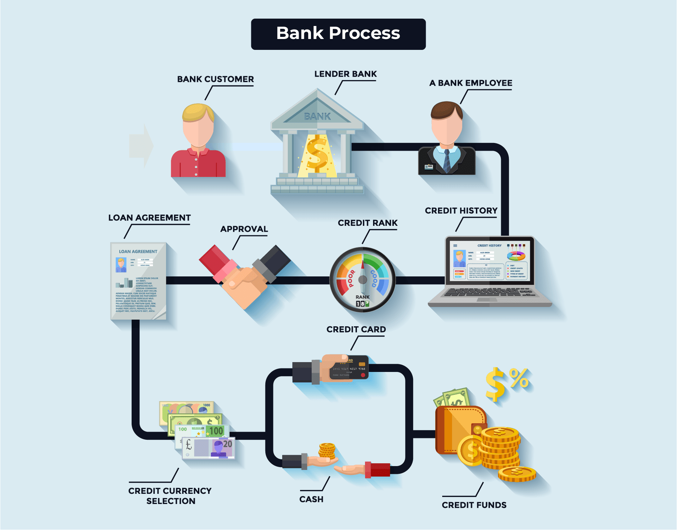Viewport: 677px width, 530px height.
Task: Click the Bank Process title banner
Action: tap(338, 34)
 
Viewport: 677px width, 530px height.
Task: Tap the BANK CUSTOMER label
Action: tap(215, 79)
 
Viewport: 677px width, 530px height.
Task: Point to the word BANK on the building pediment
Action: tap(317, 116)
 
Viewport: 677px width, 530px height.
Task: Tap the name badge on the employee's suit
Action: tap(429, 167)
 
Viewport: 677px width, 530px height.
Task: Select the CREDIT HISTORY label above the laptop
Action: tap(461, 211)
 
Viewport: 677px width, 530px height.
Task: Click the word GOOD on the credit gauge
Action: tap(374, 279)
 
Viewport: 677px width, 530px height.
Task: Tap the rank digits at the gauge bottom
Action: tap(362, 304)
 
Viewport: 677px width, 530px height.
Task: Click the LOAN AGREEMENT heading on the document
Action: tap(138, 251)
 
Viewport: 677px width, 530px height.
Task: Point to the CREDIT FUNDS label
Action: tap(474, 505)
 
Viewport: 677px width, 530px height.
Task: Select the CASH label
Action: tap(311, 499)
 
